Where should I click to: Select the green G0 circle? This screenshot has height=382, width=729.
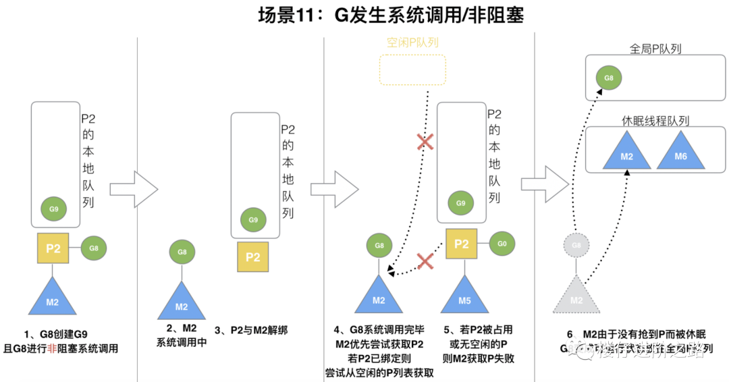502,243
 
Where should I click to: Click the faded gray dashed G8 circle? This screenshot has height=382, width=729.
576,245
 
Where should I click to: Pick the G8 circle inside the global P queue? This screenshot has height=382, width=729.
608,78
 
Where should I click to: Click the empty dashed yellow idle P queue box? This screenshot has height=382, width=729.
412,70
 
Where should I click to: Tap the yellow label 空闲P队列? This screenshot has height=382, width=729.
412,43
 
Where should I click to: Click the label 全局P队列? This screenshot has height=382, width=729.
655,49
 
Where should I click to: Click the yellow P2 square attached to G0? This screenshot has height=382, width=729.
462,243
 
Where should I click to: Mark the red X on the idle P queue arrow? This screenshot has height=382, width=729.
425,142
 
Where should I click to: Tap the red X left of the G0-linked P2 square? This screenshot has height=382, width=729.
424,261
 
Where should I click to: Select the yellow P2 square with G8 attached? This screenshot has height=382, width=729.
53,248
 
